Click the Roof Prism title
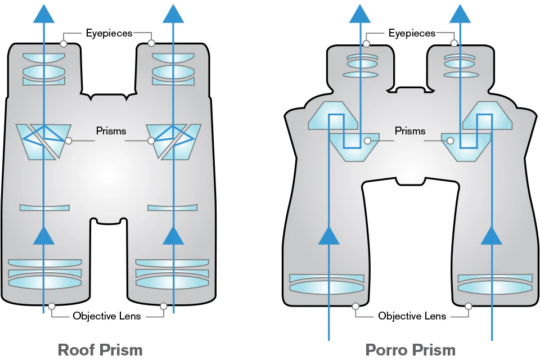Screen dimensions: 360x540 100,350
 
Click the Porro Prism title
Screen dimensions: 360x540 410,350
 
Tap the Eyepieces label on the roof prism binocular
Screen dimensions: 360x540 109,33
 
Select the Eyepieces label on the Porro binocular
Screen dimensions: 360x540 412,33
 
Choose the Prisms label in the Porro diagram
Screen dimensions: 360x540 410,131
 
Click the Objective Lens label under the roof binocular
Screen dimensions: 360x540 107,316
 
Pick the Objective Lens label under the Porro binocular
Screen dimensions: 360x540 412,316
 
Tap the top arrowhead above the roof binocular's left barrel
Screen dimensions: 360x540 43,12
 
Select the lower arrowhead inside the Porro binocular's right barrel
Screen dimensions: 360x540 491,235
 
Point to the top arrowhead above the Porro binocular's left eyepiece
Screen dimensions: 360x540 359,12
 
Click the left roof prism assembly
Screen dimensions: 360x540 44,141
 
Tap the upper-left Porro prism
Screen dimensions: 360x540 333,115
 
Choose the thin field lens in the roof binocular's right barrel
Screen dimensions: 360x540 172,208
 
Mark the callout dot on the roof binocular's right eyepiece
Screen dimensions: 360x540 151,43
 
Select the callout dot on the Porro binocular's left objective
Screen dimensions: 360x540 355,307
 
